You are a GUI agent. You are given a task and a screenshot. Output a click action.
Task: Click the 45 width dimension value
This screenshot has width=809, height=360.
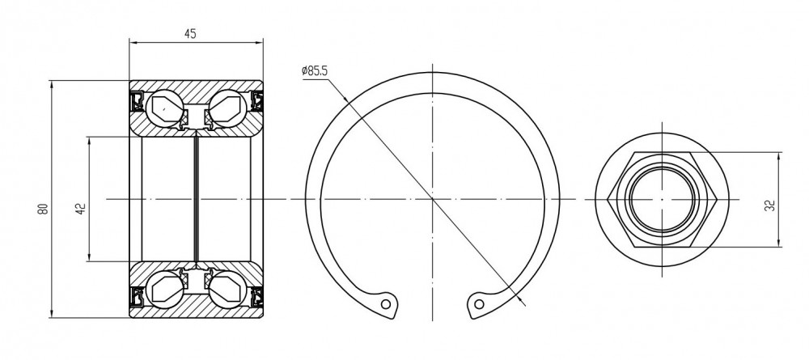coord(190,33)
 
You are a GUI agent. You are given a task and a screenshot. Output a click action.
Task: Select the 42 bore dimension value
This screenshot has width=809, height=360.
coord(80,209)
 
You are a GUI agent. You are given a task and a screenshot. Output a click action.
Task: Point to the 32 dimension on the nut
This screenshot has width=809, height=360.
coord(771,205)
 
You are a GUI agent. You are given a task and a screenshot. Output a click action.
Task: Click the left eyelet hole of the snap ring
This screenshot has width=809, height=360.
coord(385,304)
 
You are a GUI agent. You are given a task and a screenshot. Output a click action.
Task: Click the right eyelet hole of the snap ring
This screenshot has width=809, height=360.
coord(479,304)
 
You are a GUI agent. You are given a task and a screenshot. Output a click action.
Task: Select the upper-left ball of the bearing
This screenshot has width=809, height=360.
coord(164,108)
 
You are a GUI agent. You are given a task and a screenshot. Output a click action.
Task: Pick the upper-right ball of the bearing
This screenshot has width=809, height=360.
coord(227,108)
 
